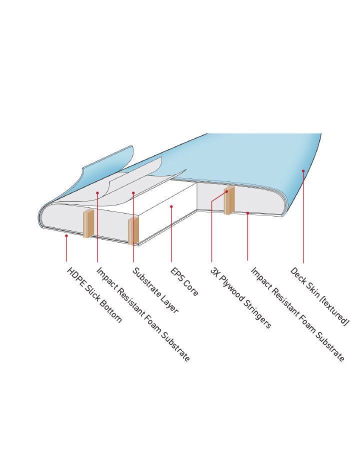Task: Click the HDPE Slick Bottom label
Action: [94, 295]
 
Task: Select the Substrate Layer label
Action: [155, 290]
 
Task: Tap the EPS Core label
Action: [184, 282]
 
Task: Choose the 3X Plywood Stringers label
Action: [240, 297]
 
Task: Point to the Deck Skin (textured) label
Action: [319, 296]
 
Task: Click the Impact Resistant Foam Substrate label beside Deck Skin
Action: [297, 314]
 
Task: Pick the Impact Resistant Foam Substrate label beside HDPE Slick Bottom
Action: [143, 314]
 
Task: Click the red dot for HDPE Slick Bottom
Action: [66, 236]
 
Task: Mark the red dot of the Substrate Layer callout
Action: [133, 192]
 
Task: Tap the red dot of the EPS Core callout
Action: [171, 206]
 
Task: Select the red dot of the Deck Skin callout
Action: [303, 171]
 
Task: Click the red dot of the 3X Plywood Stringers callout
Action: [226, 191]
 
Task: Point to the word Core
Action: [191, 288]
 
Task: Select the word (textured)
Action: [334, 311]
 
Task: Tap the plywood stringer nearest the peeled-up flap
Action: [88, 223]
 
